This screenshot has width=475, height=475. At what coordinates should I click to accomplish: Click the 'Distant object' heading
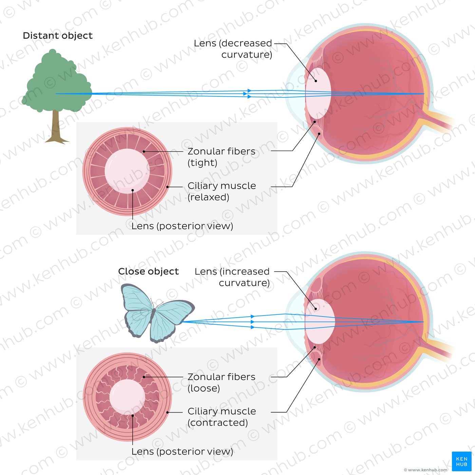[x=58, y=36]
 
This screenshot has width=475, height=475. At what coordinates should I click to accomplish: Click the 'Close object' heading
[x=148, y=271]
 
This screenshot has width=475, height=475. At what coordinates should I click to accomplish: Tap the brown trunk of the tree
[x=56, y=127]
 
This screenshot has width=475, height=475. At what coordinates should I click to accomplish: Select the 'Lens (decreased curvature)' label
[x=233, y=49]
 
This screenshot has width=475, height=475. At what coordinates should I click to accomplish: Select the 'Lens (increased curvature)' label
[x=232, y=277]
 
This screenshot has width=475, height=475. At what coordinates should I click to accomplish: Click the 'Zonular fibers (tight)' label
[x=221, y=157]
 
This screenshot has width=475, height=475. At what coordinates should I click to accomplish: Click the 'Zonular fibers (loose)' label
[x=221, y=383]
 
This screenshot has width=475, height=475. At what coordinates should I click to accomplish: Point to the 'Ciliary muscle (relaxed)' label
[x=222, y=192]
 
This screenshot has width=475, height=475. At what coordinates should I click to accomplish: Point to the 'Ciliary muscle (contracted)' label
[x=222, y=417]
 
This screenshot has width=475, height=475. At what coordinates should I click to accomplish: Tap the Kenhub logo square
[x=461, y=461]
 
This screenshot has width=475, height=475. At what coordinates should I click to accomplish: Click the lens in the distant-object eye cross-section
[x=318, y=93]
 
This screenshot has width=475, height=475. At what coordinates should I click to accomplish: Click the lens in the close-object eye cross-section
[x=320, y=321]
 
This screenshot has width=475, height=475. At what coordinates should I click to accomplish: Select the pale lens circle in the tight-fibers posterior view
[x=127, y=171]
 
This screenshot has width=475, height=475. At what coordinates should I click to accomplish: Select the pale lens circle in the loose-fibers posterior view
[x=127, y=397]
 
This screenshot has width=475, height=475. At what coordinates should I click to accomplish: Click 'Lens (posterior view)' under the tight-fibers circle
[x=182, y=226]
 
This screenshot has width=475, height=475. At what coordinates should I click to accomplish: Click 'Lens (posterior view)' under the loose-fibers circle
[x=182, y=452]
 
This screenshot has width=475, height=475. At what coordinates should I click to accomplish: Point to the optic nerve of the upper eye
[x=440, y=121]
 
